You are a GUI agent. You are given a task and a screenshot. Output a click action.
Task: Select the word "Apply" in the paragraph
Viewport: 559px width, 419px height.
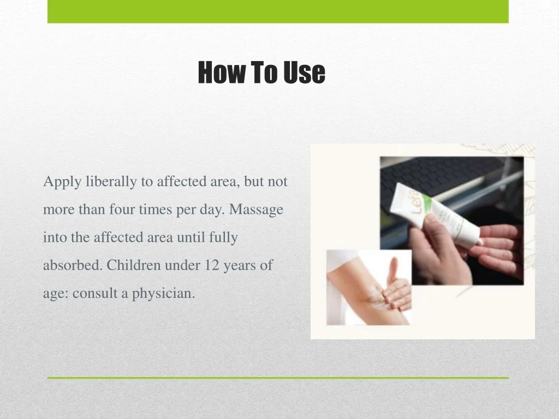(x=62, y=182)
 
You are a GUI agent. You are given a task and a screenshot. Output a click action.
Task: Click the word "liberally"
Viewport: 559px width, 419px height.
(x=111, y=182)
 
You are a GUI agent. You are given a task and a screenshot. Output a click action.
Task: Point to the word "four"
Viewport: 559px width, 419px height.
(x=122, y=209)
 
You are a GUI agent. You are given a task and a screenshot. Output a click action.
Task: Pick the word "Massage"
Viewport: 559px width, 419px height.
(x=256, y=210)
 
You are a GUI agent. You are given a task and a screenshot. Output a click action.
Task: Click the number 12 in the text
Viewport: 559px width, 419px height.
(x=212, y=266)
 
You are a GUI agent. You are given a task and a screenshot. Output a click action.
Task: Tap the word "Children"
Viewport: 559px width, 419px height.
(x=134, y=266)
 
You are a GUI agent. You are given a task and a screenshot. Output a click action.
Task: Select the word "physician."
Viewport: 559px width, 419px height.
(x=163, y=294)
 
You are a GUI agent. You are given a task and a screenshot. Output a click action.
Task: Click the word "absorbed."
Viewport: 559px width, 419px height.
(x=73, y=266)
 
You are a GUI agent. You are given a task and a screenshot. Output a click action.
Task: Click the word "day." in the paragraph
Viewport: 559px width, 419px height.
(x=212, y=210)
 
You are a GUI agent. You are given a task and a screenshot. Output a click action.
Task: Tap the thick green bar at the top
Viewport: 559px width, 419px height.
(x=278, y=11)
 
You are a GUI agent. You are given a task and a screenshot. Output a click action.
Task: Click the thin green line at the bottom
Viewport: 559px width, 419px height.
(x=278, y=378)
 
